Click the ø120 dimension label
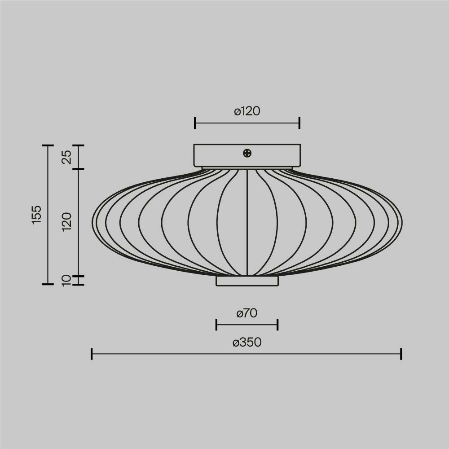[x=247, y=111]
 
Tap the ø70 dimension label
[x=247, y=313]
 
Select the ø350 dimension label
[x=247, y=342]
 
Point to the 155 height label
[x=36, y=215]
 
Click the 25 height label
[x=67, y=157]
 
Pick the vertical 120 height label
[x=67, y=222]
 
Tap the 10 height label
[x=66, y=280]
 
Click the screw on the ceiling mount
[x=247, y=153]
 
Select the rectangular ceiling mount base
[x=247, y=155]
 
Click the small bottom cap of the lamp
[x=247, y=281]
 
